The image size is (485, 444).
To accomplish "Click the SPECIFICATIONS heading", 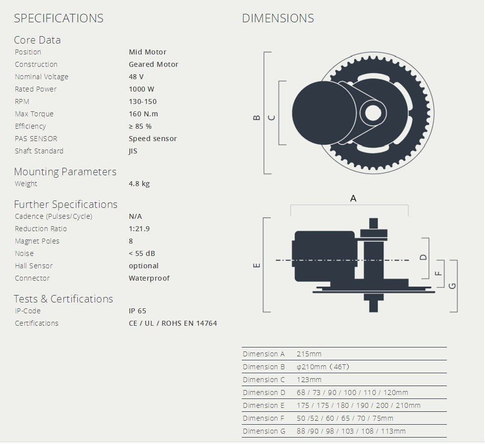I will tap(58, 18).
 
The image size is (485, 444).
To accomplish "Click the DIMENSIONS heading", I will tap(277, 18).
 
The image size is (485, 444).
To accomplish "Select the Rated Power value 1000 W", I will tap(141, 89).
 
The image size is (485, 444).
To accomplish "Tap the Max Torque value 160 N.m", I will tap(143, 114).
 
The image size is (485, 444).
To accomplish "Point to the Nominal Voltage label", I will tap(42, 77).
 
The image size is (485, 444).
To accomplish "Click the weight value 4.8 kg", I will tap(139, 184).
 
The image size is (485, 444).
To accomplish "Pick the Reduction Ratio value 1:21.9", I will tap(139, 229).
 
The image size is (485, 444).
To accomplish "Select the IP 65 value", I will tap(137, 311).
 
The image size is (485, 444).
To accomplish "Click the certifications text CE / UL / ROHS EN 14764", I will tap(172, 323).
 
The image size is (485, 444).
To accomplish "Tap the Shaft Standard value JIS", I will tap(133, 151).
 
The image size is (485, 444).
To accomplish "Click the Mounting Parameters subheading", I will tap(65, 172).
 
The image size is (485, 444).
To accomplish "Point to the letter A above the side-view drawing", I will tap(353, 198).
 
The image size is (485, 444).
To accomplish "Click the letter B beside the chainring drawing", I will tap(256, 118).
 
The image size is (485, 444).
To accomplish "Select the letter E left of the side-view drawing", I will tap(256, 265).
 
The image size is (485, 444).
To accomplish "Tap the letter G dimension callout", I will tap(452, 286).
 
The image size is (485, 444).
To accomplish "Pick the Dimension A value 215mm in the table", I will tap(309, 354).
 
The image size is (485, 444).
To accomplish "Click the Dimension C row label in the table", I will tap(264, 380).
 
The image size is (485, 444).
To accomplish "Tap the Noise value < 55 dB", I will tap(142, 253).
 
